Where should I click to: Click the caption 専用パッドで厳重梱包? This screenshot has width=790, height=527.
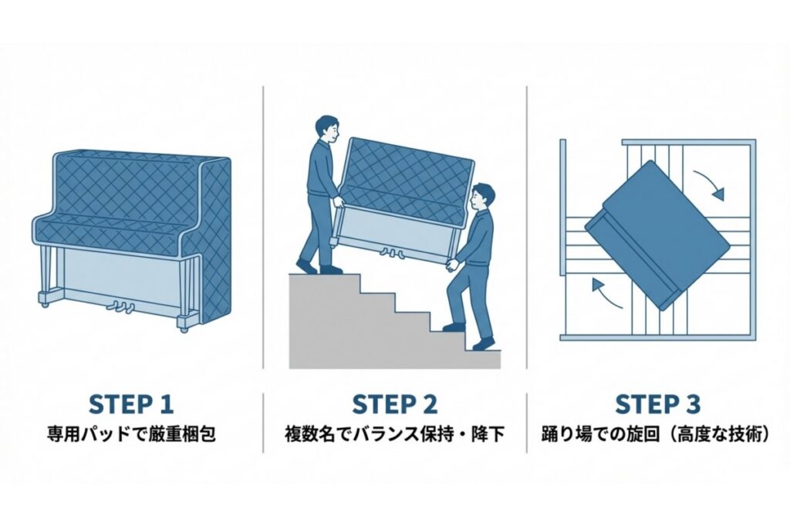click(131, 434)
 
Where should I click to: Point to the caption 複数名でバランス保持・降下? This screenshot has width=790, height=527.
click(394, 434)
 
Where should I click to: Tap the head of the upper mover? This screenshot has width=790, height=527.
click(327, 127)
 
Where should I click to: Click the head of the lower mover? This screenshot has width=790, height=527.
click(482, 196)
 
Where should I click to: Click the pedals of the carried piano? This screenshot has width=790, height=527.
click(388, 252)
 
